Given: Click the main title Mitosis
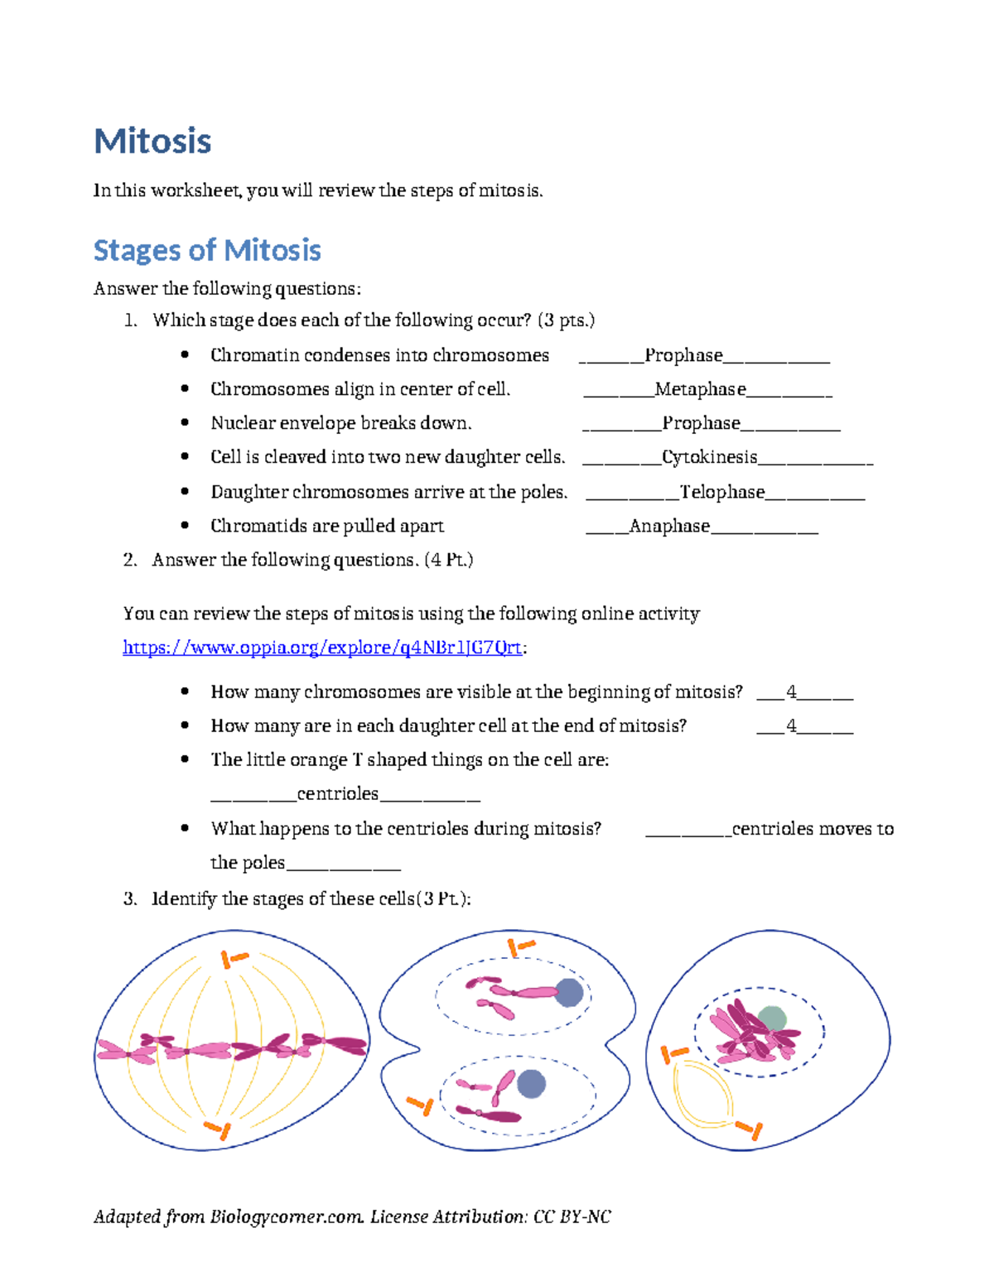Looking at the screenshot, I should click(x=152, y=142).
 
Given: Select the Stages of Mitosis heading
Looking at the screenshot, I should click(x=207, y=250).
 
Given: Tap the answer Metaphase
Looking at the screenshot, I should click(x=700, y=389).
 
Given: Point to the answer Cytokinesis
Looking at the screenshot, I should click(x=709, y=457).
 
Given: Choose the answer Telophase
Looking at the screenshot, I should click(x=721, y=492).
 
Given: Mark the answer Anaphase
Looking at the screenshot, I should click(x=669, y=526).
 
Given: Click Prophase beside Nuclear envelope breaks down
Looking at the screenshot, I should click(x=701, y=423).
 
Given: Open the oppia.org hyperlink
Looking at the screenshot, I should click(x=322, y=648).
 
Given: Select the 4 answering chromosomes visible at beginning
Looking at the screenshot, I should click(x=792, y=691).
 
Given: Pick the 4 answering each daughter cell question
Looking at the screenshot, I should click(x=792, y=725).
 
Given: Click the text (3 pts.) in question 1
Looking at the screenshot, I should click(x=566, y=320).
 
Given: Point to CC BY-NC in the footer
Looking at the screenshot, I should click(x=572, y=1216).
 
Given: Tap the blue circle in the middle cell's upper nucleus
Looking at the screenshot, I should click(x=568, y=992).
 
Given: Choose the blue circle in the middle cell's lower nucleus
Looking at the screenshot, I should click(x=531, y=1083).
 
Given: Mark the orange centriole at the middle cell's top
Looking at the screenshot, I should click(x=520, y=946).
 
